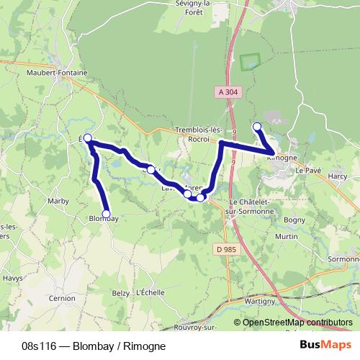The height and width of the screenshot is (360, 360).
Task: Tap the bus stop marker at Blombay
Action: [107, 214]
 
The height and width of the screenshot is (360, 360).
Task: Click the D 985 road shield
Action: [225, 249]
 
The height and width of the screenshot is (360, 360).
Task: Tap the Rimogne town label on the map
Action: [282, 158]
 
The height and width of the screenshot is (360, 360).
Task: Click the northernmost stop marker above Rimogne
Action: [257, 127]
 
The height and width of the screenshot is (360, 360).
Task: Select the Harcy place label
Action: [337, 176]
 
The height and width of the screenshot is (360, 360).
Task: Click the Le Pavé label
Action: [307, 171]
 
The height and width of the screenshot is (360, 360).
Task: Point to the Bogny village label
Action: [294, 219]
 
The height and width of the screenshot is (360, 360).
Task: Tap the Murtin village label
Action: [287, 236]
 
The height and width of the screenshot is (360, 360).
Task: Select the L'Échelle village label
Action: [150, 293]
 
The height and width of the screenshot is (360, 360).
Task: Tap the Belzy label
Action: [120, 293]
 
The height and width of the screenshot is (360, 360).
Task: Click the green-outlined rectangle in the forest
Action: [249, 62]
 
